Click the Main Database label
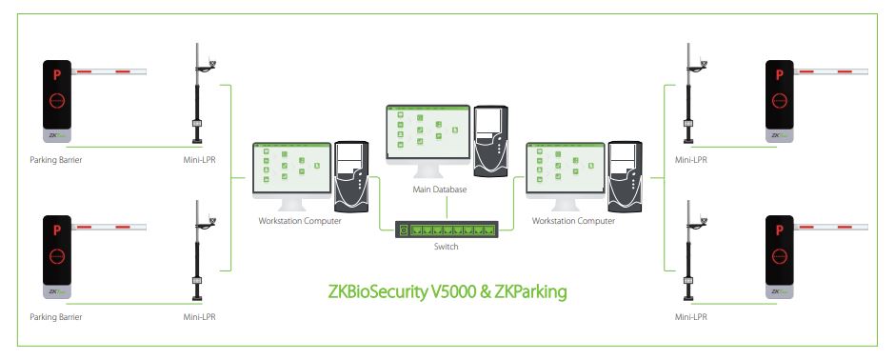click(x=440, y=190)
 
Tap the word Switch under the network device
click(x=446, y=247)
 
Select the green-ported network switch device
click(x=447, y=230)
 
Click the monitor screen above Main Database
click(x=428, y=132)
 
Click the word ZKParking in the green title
click(x=531, y=291)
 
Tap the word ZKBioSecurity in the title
click(x=378, y=291)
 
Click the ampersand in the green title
click(x=486, y=292)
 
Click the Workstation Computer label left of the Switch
click(x=300, y=221)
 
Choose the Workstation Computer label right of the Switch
click(x=573, y=221)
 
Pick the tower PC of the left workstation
click(x=351, y=176)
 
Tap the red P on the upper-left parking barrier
click(x=56, y=74)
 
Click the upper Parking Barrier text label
click(x=56, y=160)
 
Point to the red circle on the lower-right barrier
click(x=780, y=257)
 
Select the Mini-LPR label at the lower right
click(x=690, y=316)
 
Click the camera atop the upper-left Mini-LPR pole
click(x=212, y=63)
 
